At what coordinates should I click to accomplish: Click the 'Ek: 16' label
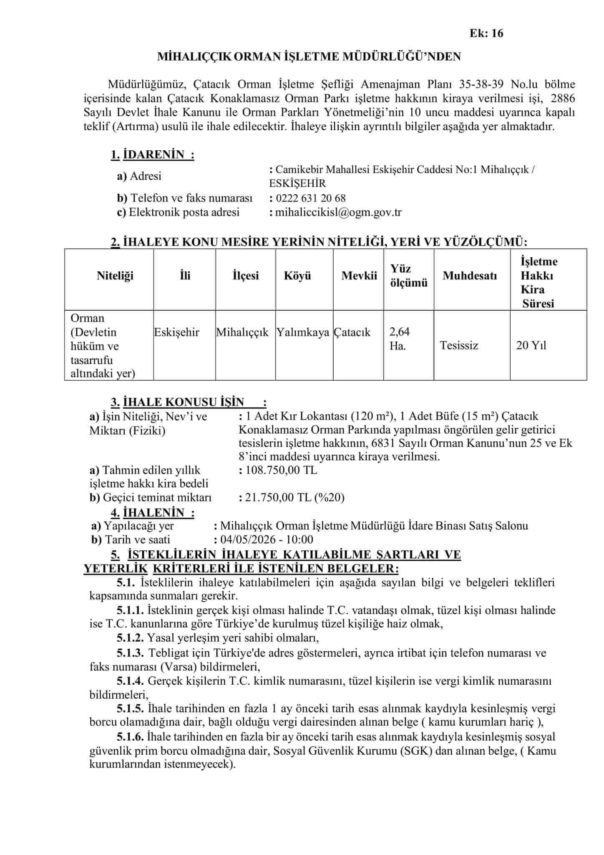pos(486,33)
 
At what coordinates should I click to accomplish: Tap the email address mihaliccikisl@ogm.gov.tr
pos(338,212)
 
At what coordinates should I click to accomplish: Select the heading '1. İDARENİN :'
pos(153,155)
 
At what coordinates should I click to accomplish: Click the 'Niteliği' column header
pos(115,276)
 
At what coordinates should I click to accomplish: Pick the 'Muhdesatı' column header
pos(470,276)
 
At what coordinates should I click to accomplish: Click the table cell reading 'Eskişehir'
pos(177,332)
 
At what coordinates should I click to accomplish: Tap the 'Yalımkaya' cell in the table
pos(303,332)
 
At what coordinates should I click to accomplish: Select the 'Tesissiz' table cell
pos(459,345)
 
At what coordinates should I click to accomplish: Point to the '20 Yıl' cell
pos(531,345)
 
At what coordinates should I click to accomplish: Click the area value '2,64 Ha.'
pos(399,339)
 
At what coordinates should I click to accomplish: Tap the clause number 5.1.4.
pos(131,681)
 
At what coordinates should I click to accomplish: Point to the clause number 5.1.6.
pos(131,738)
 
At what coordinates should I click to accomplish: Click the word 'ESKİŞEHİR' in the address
pos(298,184)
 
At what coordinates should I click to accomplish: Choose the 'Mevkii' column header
pos(359,276)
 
